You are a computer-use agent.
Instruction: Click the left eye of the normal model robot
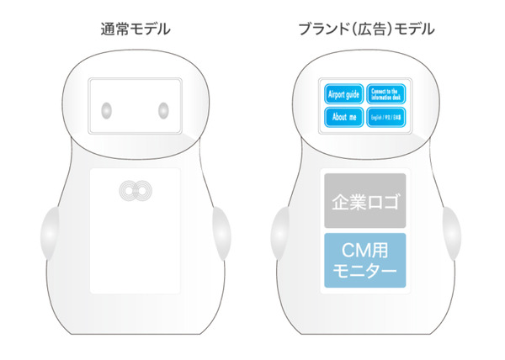[x=107, y=109]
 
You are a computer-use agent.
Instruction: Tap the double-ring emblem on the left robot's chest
[x=134, y=192]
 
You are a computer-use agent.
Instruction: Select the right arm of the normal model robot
[x=217, y=236]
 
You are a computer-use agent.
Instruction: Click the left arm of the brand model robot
[x=280, y=236]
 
